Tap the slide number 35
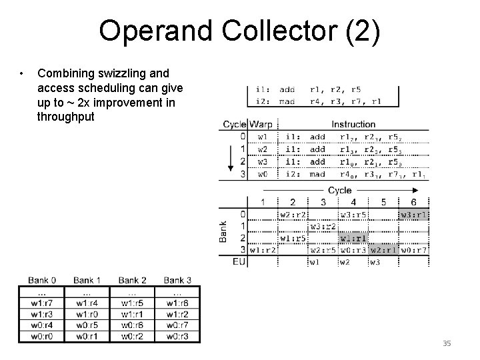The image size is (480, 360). [x=447, y=343]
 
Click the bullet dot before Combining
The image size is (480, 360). [x=22, y=73]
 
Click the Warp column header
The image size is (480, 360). [x=261, y=124]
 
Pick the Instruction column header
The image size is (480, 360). [x=353, y=124]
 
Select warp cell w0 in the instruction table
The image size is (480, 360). [x=263, y=174]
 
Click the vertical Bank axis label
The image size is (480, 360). [x=225, y=231]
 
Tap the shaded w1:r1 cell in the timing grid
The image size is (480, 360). [x=353, y=238]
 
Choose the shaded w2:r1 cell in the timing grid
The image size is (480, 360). [x=384, y=250]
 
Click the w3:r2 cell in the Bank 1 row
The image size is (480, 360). [x=323, y=227]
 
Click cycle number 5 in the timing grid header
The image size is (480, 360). [x=384, y=202]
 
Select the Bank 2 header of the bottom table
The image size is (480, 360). [x=133, y=280]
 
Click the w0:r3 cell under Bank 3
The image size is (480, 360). [x=177, y=335]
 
